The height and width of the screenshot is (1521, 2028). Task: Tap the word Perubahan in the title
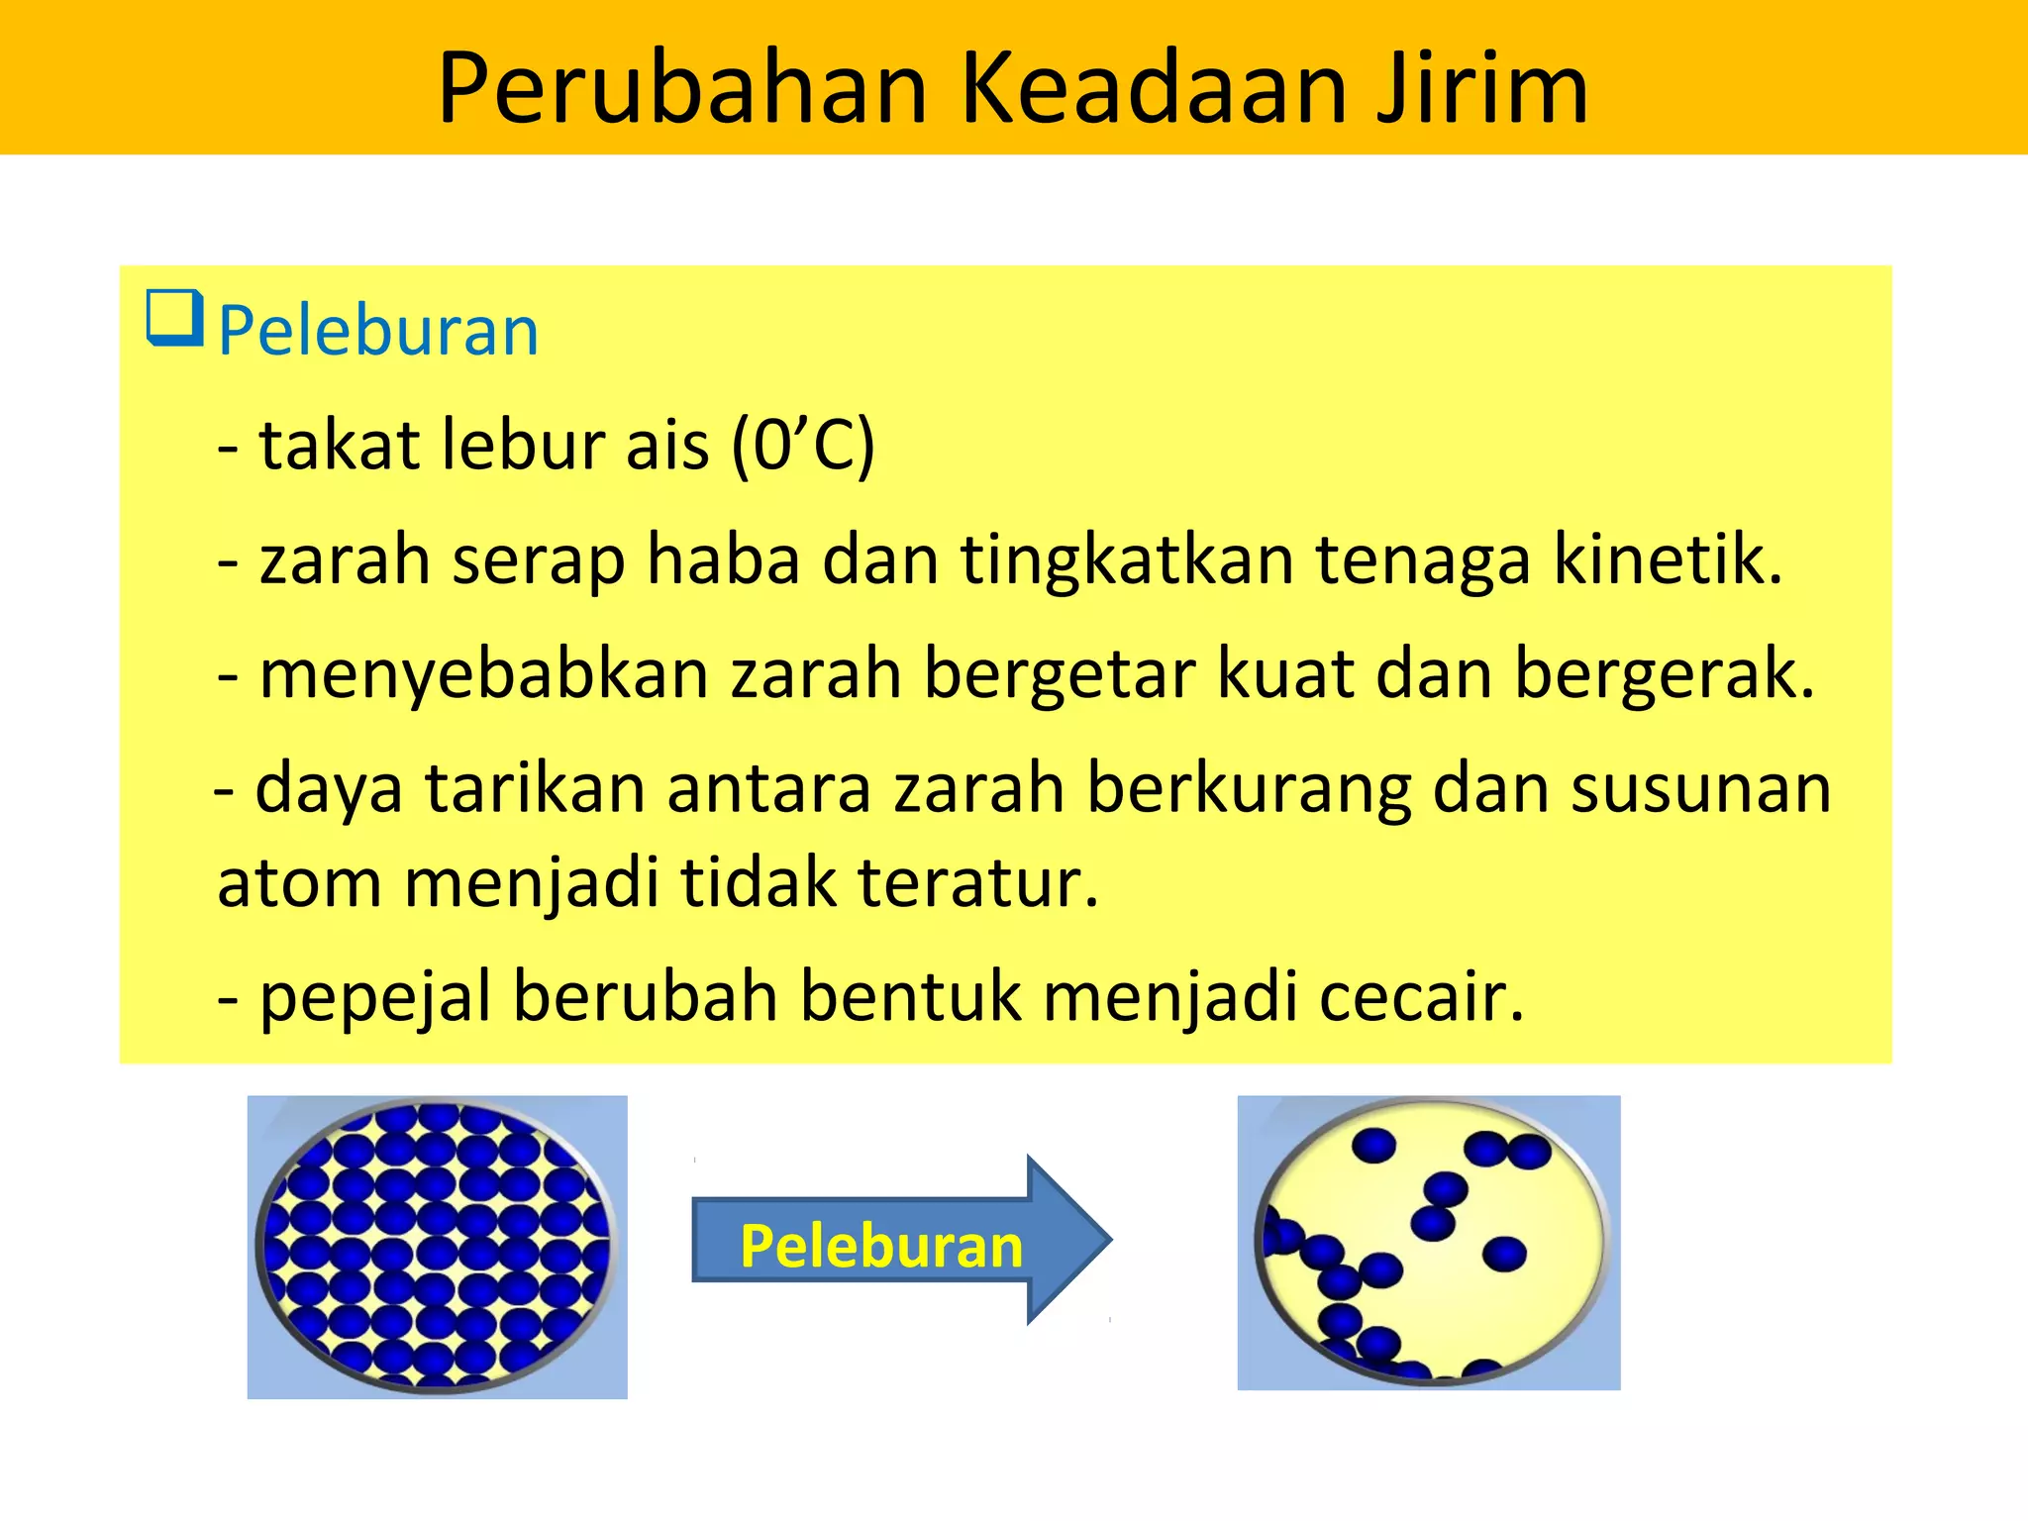coord(682,89)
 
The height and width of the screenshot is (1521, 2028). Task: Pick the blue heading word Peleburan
coord(378,331)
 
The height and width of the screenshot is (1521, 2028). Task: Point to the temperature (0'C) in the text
coord(803,445)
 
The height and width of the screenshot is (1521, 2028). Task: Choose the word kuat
coord(1285,673)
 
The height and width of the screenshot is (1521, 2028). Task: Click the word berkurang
coord(1248,789)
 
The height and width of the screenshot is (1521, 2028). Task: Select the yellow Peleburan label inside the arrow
coord(881,1246)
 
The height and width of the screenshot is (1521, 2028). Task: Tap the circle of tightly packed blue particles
coord(436,1246)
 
